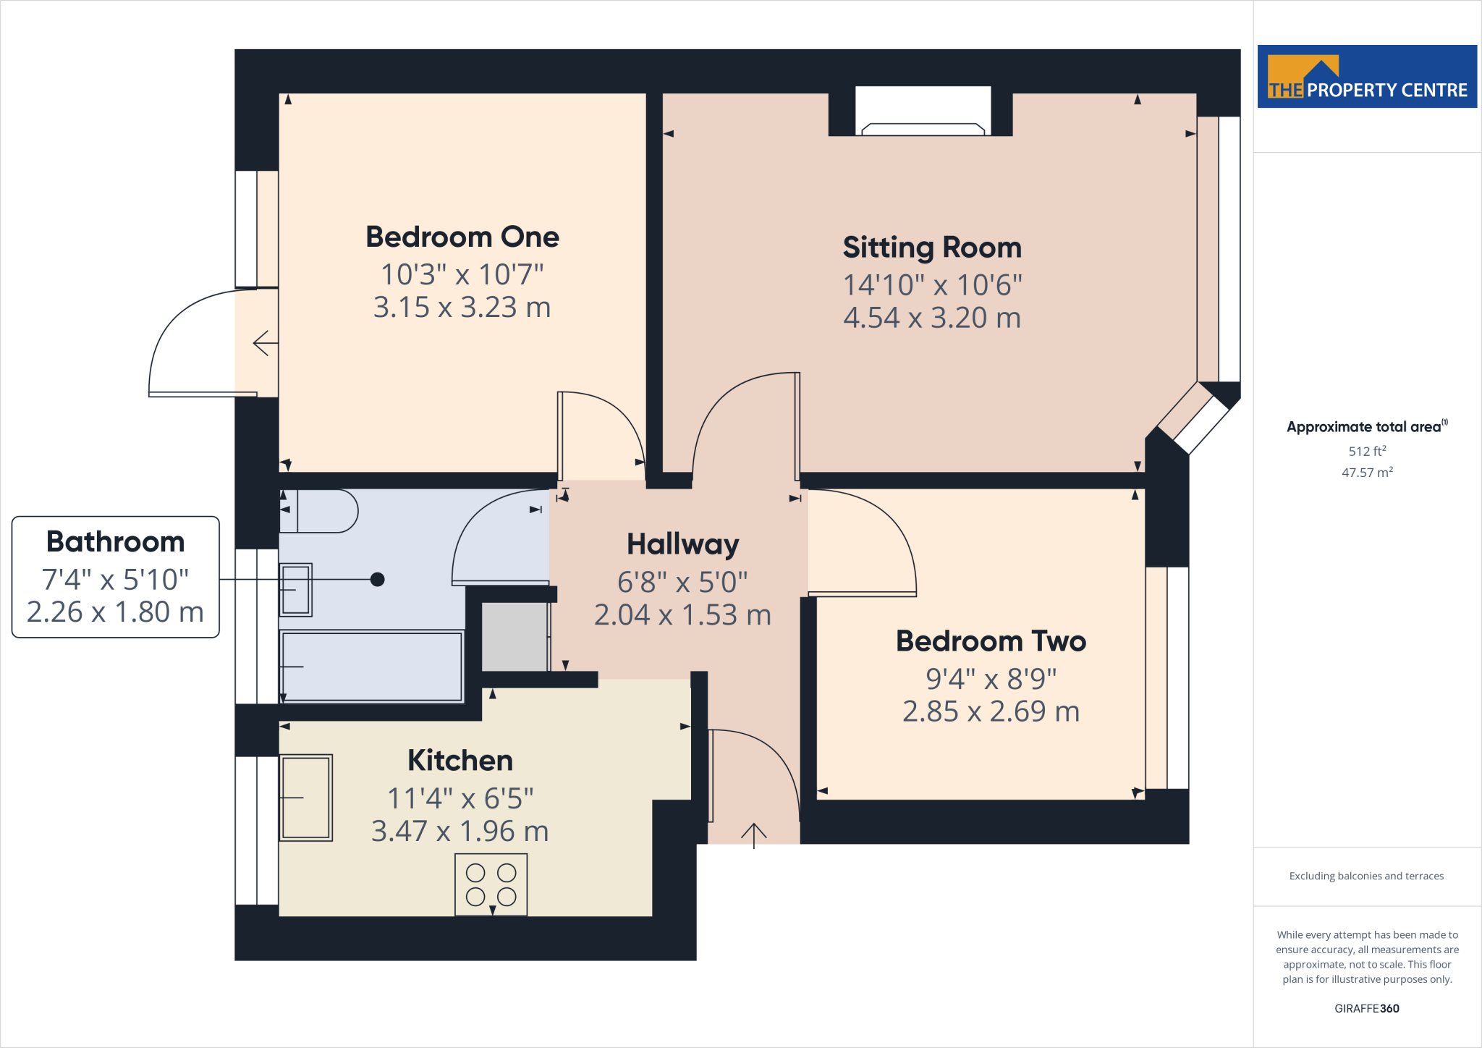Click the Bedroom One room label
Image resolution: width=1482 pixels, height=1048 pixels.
click(x=462, y=237)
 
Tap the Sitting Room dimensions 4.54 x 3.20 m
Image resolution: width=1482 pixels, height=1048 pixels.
click(x=931, y=318)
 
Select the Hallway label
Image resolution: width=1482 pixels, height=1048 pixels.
click(x=682, y=544)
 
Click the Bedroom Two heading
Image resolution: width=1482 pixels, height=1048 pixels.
click(x=991, y=641)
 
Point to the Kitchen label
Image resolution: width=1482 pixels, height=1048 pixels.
click(x=460, y=761)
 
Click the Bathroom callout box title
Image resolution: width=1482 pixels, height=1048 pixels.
click(x=116, y=541)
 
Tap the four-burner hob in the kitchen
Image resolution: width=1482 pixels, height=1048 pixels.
click(x=491, y=884)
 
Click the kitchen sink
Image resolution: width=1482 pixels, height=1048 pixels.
click(x=306, y=798)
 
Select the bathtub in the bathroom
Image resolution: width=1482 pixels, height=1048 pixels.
click(x=372, y=667)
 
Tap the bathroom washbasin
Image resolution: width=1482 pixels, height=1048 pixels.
click(x=296, y=590)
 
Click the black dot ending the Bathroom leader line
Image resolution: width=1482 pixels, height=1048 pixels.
click(x=377, y=579)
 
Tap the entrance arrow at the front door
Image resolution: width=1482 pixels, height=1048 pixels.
click(x=753, y=834)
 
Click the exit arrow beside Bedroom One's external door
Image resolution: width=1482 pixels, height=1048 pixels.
click(x=265, y=343)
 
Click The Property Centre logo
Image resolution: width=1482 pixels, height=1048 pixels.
click(x=1366, y=77)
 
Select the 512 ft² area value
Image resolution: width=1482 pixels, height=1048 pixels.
click(x=1366, y=451)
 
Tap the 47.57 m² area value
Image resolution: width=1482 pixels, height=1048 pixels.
click(x=1366, y=473)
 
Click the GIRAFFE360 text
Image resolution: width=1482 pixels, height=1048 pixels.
click(x=1366, y=1008)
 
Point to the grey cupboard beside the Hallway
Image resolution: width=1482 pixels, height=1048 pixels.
click(x=515, y=637)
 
